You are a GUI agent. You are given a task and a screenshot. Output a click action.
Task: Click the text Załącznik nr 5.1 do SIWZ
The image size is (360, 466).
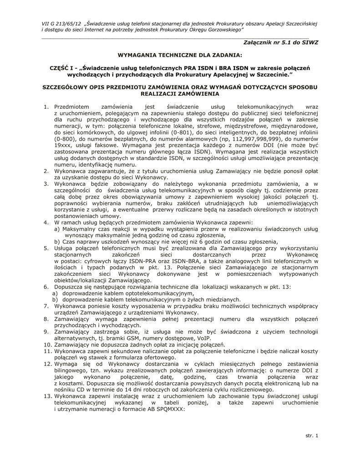pyautogui.click(x=281, y=42)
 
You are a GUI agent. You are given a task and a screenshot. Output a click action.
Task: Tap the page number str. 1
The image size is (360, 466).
pyautogui.click(x=312, y=436)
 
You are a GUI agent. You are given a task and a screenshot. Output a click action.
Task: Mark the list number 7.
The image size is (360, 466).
pyautogui.click(x=46, y=307)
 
